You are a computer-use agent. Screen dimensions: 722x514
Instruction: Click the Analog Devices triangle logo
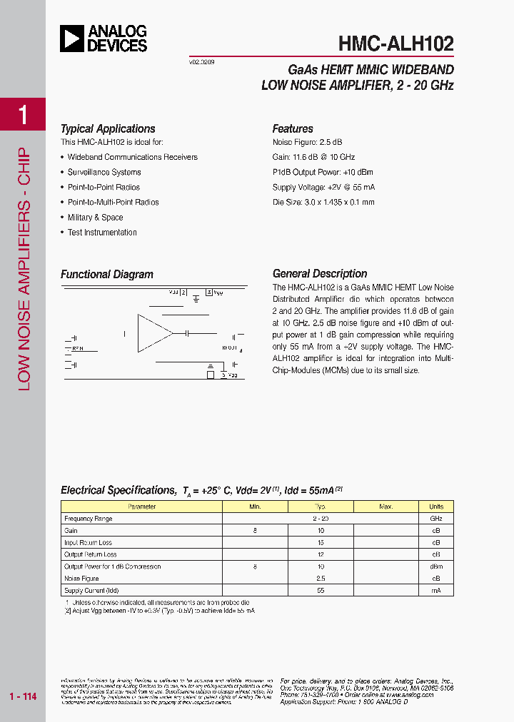pos(72,39)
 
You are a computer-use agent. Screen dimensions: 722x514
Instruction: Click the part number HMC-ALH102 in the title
pos(395,44)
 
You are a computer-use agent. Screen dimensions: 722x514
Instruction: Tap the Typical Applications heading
pos(108,129)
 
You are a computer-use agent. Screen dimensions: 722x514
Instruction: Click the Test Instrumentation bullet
pos(102,233)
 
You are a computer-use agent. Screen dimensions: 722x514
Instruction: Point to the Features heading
pos(293,129)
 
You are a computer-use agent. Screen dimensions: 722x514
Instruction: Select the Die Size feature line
pos(323,203)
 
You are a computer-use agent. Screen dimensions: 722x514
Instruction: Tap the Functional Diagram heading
pos(107,275)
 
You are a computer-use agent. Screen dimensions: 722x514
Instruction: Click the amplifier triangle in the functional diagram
pos(154,332)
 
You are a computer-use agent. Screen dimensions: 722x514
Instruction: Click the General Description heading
pos(320,274)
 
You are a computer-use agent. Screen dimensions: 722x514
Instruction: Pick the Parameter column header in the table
pos(141,507)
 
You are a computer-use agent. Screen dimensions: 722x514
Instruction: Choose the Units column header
pos(435,507)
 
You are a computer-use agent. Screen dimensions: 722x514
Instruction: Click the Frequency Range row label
pos(89,519)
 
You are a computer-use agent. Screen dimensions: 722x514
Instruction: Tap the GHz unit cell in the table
pos(435,519)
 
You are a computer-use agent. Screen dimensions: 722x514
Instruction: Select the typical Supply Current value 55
pos(321,591)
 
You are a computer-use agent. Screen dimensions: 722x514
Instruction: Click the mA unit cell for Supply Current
pos(435,591)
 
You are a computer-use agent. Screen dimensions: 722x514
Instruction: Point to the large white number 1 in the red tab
pos(24,114)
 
